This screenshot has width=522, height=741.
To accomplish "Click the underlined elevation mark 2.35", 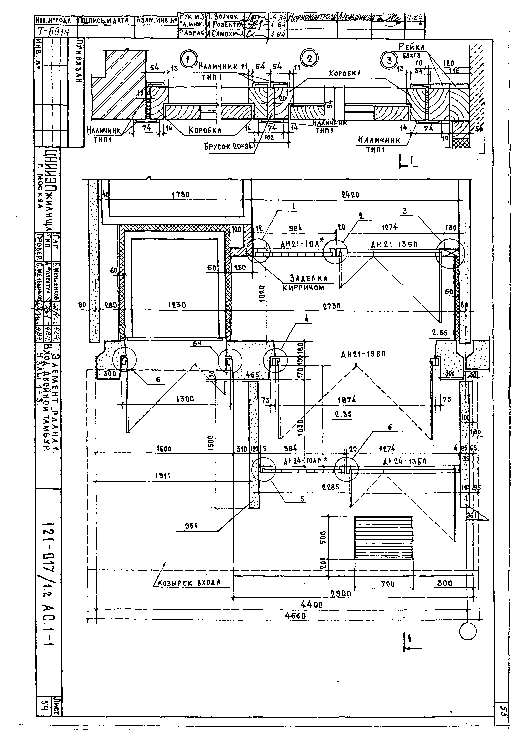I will [343, 414].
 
